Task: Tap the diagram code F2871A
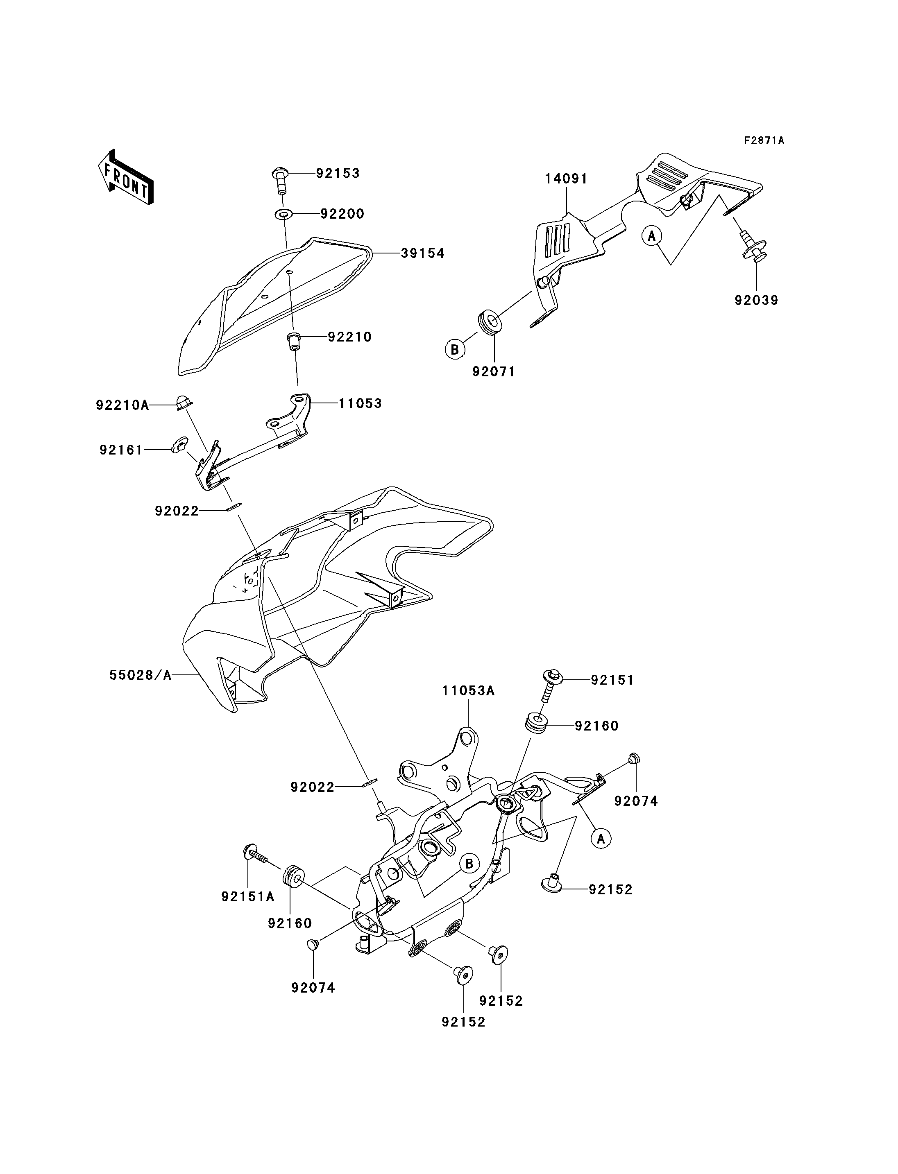pyautogui.click(x=764, y=141)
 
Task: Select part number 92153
pyautogui.click(x=338, y=174)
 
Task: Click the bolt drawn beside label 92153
pyautogui.click(x=281, y=180)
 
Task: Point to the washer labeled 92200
pyautogui.click(x=284, y=214)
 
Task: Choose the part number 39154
pyautogui.click(x=422, y=253)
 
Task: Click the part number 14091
pyautogui.click(x=566, y=179)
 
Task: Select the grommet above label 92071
pyautogui.click(x=490, y=322)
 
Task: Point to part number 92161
pyautogui.click(x=121, y=450)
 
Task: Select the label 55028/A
pyautogui.click(x=141, y=675)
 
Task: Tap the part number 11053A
pyautogui.click(x=468, y=691)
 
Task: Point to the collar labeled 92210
pyautogui.click(x=293, y=340)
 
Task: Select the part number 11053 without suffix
pyautogui.click(x=360, y=403)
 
